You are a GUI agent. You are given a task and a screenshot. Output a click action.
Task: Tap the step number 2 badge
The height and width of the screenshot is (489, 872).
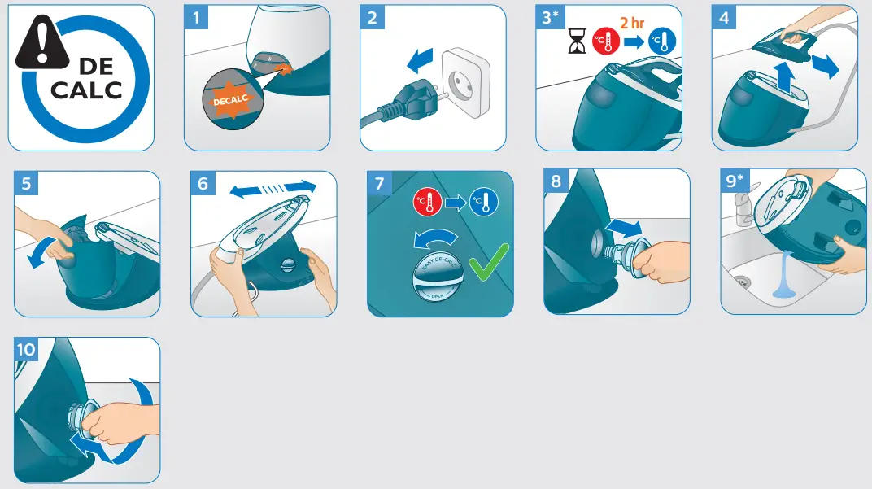(373, 17)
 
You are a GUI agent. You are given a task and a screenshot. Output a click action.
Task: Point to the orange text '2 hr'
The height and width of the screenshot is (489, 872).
(631, 23)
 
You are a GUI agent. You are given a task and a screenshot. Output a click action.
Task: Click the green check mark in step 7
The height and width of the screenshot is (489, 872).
(486, 263)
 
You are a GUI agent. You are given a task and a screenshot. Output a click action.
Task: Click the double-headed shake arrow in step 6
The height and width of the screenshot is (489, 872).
(272, 188)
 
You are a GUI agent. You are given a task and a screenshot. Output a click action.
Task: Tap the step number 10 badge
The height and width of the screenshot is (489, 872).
(27, 350)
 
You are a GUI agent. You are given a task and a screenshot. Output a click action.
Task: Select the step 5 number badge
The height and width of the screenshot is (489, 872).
(27, 184)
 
